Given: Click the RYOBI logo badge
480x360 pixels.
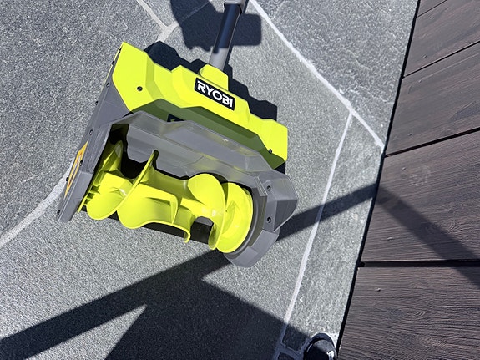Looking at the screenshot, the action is coord(215,94).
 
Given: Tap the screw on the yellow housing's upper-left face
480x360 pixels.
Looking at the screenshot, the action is coord(139,89).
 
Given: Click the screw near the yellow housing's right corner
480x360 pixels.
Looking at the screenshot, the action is coord(270,150).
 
